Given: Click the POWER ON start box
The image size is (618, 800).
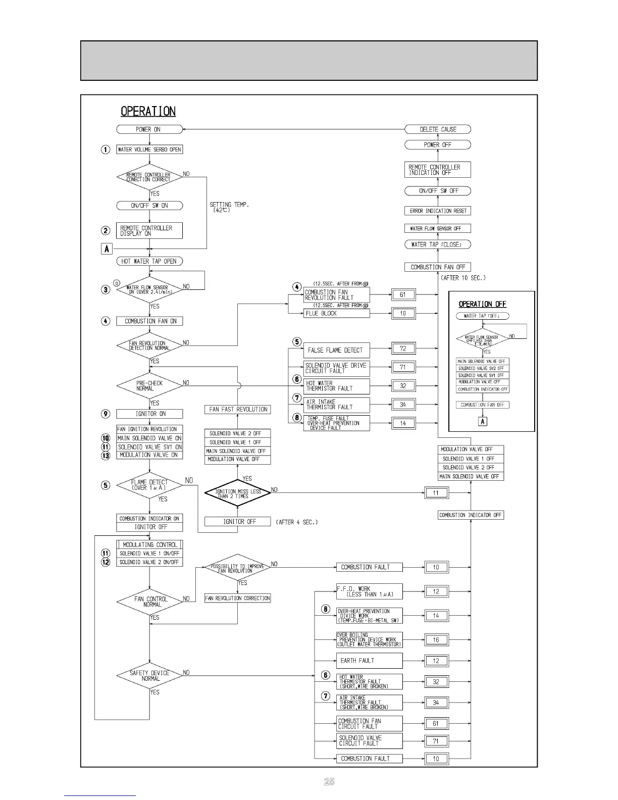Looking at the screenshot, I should (149, 129).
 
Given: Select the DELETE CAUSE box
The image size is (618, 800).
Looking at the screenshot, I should (438, 129).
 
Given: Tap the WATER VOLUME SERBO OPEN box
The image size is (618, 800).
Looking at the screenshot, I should (149, 149).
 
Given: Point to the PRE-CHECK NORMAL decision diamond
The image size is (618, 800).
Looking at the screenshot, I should (149, 386).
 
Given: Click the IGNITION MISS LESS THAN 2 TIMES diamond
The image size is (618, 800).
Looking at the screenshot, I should (238, 493).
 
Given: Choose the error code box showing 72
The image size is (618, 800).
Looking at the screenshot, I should (403, 348).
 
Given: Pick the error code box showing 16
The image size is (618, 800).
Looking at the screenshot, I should (436, 640).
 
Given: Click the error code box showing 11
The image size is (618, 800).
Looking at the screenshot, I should (436, 493).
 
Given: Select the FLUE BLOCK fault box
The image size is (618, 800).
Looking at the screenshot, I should (337, 313).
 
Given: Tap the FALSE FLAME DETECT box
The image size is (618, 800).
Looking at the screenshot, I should (336, 350).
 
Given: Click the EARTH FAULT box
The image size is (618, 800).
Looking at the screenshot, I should (370, 661).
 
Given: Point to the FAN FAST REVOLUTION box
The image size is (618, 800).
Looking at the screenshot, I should (238, 410).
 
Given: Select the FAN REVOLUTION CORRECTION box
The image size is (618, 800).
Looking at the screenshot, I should (238, 598).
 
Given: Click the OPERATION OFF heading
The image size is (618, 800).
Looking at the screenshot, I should (482, 304).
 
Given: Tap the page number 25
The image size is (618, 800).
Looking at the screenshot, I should (329, 782).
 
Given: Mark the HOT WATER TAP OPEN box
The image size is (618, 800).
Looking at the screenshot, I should (149, 261).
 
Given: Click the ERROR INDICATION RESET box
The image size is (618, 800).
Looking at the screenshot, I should (438, 211).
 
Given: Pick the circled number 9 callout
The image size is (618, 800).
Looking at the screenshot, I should (106, 414).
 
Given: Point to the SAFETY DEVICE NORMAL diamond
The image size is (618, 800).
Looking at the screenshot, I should (149, 676).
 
